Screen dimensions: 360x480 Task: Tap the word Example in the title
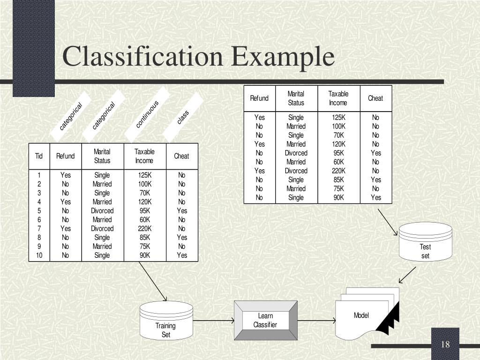coord(283,57)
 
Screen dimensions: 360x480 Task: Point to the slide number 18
coord(445,345)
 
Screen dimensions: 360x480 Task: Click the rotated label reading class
coord(183,117)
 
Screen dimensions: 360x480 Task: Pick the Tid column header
coord(39,156)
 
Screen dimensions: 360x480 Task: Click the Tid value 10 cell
coord(39,255)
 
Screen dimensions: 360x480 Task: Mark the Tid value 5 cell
coord(39,210)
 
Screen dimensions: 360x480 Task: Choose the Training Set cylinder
coord(166,322)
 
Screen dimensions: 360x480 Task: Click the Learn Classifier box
coord(265,321)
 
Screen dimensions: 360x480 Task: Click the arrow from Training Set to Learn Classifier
coord(214,321)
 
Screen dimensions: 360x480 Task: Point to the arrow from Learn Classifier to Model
coord(316,321)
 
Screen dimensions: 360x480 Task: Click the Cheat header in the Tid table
coord(181,156)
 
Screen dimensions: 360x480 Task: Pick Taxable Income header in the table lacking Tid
coord(338,98)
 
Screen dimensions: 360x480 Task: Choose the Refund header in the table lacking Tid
coord(259,98)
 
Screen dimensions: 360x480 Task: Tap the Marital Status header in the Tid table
coord(102,156)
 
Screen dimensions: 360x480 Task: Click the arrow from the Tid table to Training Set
coord(153,281)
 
